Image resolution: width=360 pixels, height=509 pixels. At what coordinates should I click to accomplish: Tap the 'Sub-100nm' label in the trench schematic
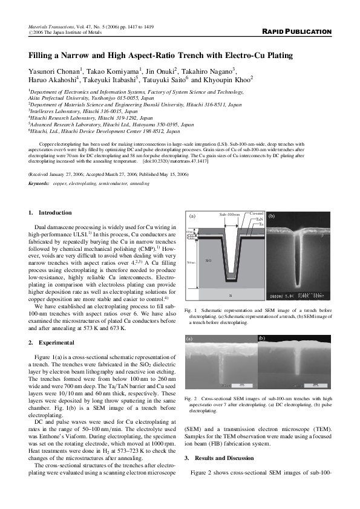(229, 215)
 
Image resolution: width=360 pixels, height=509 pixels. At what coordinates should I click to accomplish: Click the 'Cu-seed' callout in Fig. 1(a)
(257, 213)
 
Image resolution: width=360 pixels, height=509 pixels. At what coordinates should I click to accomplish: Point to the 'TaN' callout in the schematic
(258, 219)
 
